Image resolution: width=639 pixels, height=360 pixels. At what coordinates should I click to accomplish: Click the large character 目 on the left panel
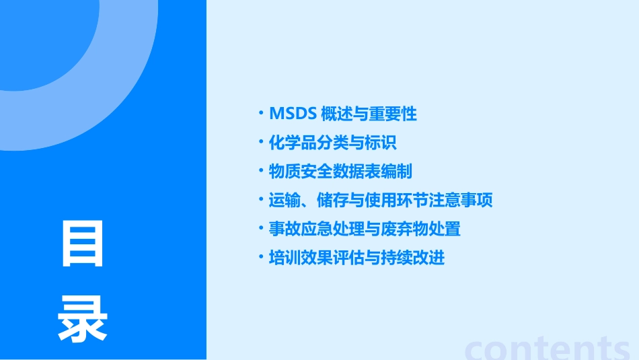point(83,244)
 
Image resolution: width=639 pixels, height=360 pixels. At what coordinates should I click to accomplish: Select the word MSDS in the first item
point(293,114)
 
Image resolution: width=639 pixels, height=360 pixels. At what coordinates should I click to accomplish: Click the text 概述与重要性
point(369,114)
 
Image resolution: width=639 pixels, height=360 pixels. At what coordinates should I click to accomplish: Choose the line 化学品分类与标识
point(333,143)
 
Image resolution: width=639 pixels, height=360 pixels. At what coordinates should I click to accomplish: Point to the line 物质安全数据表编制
point(340,172)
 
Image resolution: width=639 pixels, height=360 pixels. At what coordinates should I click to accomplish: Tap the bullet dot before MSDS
point(261,113)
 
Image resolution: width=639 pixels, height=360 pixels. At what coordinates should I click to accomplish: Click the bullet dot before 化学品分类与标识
point(261,142)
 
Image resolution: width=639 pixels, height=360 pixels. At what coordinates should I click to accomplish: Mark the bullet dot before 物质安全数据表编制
point(261,171)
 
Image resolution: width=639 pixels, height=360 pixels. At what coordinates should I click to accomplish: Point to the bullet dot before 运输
point(261,199)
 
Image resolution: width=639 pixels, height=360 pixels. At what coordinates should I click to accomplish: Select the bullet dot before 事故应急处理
point(261,228)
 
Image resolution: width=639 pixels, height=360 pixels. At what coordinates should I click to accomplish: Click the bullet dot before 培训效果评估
point(261,257)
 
